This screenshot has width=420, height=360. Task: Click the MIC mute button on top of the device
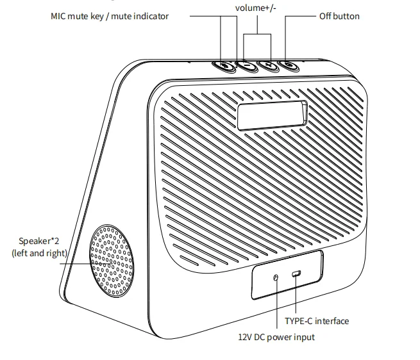[x=224, y=65]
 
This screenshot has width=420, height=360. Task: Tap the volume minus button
[x=246, y=65]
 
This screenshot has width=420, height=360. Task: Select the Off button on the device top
[x=287, y=65]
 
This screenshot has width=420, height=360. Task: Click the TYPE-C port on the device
[x=296, y=275]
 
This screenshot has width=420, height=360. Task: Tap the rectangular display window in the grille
[x=271, y=115]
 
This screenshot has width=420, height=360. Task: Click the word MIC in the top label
[x=59, y=15]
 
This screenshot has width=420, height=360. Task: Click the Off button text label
[x=339, y=15]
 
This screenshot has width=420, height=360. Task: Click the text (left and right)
[x=39, y=253]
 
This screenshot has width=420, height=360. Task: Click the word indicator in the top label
[x=149, y=15]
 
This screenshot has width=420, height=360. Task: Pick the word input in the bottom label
[x=303, y=337]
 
